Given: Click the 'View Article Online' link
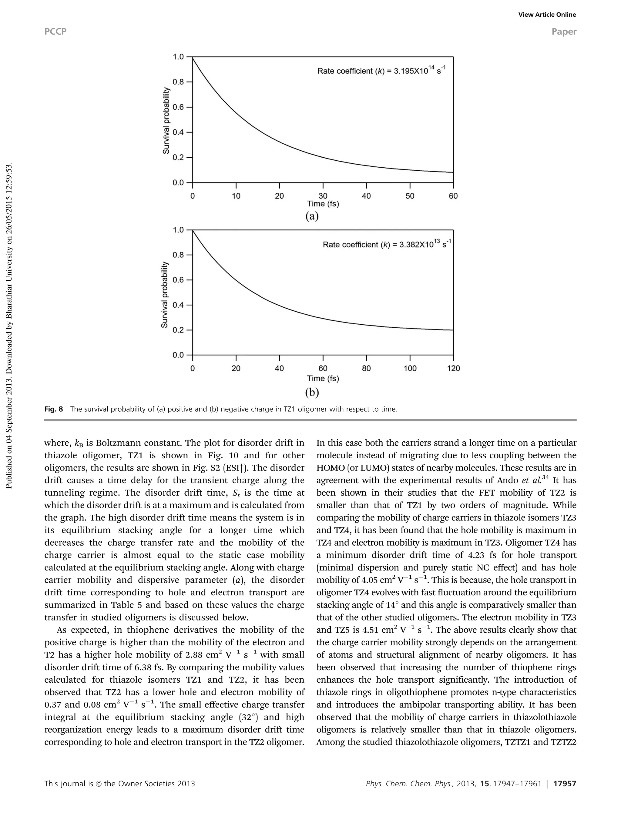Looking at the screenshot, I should [x=547, y=15].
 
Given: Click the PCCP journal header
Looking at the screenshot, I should [x=55, y=32].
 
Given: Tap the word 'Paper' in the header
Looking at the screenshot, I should [x=564, y=32].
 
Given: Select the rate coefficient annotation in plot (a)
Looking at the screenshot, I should [x=381, y=70].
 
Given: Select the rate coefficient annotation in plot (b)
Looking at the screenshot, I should [x=387, y=244].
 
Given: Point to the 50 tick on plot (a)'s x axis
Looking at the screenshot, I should [x=410, y=196].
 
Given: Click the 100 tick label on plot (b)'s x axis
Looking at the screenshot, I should [x=410, y=368].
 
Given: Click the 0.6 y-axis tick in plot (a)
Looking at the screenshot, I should [x=178, y=107].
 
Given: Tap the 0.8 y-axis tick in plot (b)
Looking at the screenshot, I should [x=178, y=255].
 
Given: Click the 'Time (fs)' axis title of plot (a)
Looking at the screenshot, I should [x=323, y=204].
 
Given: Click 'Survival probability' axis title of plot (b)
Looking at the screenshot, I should [x=164, y=295].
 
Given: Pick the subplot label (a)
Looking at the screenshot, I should [x=312, y=216].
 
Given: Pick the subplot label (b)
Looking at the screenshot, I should [x=312, y=392].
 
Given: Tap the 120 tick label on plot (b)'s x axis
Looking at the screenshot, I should [x=453, y=368].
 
